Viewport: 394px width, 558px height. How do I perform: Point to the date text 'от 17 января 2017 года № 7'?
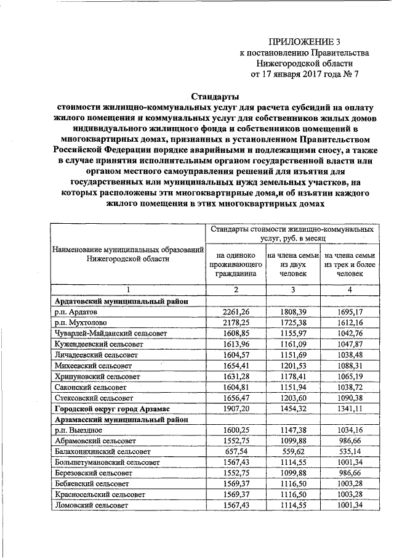click(304, 75)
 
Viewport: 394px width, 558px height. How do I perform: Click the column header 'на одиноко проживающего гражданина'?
click(235, 264)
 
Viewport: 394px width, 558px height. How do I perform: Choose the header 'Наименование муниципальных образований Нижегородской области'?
click(128, 255)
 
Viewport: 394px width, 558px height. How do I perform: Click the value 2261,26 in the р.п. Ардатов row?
click(235, 313)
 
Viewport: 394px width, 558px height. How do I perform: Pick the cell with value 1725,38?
click(293, 322)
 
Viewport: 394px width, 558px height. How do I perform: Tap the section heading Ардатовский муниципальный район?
click(121, 302)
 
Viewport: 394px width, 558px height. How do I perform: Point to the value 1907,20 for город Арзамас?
click(235, 408)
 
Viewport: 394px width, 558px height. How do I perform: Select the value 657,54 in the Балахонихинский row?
click(235, 451)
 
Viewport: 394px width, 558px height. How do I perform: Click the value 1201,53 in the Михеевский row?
click(293, 366)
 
